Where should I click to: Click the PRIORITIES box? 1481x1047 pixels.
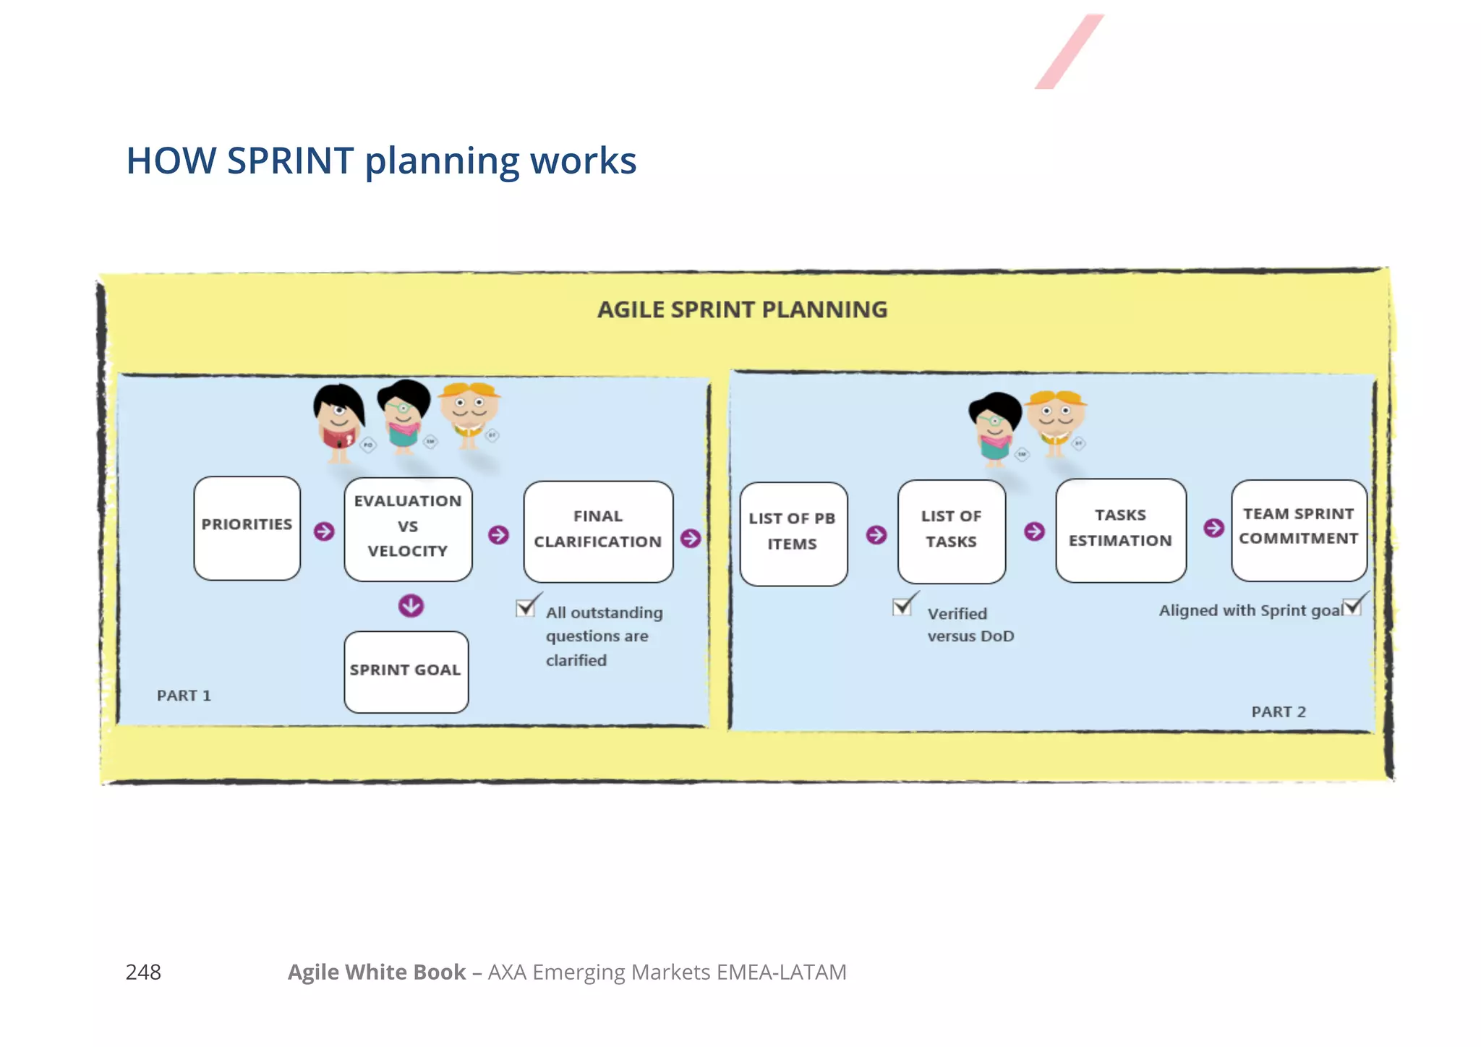247,528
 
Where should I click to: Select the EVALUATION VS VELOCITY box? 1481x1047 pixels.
408,529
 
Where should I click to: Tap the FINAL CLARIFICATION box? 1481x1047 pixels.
598,531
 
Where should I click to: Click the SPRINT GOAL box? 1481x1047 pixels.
406,672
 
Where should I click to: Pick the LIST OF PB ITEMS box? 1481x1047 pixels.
793,534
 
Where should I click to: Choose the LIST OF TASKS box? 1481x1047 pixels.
951,531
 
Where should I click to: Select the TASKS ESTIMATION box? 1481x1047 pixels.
1120,530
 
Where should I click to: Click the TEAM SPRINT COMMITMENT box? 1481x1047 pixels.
1299,529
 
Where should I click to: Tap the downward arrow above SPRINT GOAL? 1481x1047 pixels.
411,605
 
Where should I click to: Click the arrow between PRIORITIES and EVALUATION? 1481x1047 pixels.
324,531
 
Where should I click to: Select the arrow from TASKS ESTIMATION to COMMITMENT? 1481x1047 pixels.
1213,528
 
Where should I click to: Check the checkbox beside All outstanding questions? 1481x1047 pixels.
526,608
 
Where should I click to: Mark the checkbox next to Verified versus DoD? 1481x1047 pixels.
902,606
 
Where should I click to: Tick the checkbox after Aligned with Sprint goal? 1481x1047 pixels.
1352,607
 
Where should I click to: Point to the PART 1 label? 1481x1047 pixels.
184,696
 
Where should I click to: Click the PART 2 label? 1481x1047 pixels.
1278,711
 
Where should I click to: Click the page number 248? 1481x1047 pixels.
143,972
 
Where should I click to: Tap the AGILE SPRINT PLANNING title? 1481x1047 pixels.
742,309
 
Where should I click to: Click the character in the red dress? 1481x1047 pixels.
338,423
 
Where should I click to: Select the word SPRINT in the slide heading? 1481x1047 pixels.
290,161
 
